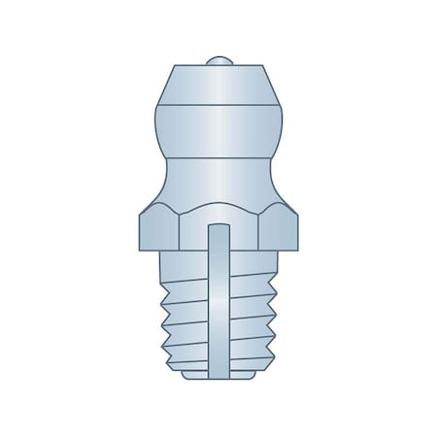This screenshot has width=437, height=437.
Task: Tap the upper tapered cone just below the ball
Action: (218, 80)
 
